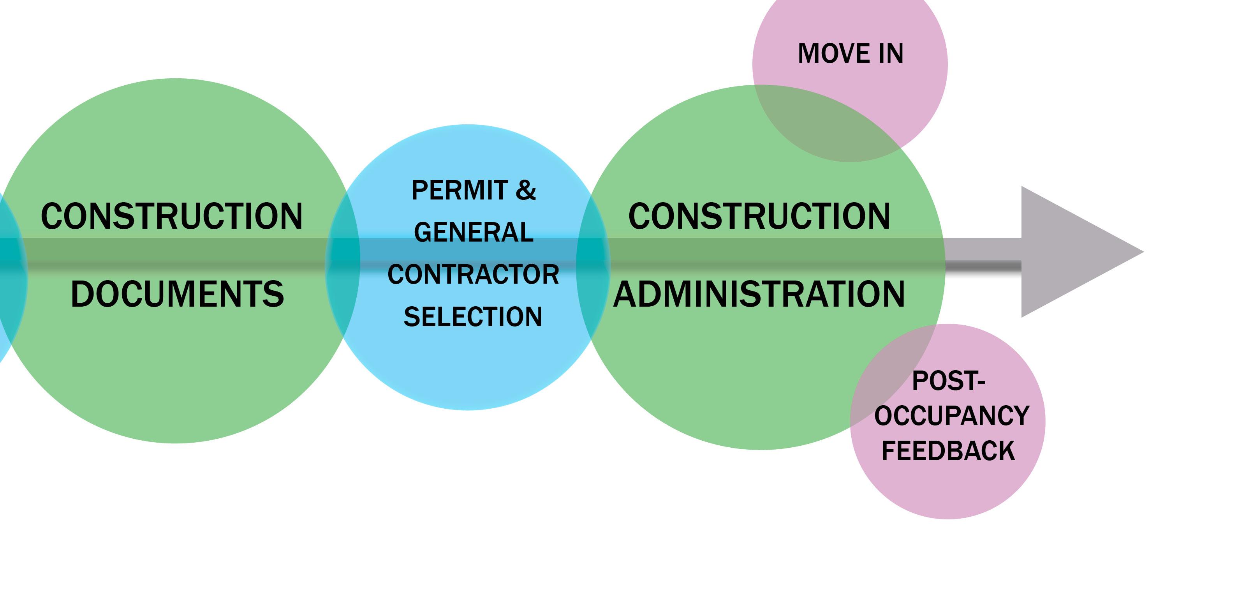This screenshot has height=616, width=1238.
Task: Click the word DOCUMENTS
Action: point(177,294)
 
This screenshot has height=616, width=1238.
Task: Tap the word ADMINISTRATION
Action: point(759,294)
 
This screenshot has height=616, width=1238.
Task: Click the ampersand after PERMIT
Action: point(525,191)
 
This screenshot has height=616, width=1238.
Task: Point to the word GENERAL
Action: point(474,233)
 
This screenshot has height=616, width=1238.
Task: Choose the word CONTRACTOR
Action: point(474,275)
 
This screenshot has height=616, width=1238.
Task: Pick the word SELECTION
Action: point(473,317)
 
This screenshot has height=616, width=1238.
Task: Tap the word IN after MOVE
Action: point(891,53)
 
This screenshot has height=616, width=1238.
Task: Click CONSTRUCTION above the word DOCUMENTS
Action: point(172,216)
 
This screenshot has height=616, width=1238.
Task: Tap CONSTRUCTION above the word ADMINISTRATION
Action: point(759,216)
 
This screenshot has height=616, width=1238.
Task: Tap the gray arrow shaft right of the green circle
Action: point(983,255)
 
